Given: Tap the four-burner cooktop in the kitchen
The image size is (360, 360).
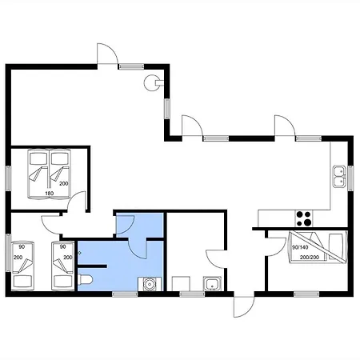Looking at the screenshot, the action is click(x=304, y=218).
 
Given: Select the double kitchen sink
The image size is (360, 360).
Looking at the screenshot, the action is click(x=339, y=177).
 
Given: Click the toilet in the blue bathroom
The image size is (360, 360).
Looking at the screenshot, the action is click(x=86, y=280).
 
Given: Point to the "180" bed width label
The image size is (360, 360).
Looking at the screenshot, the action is click(x=50, y=194).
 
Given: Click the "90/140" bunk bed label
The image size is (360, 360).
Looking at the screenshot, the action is click(x=300, y=247).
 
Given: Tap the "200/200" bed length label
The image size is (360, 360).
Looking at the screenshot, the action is click(x=310, y=258).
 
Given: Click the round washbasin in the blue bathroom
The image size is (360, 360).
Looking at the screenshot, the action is click(x=150, y=284).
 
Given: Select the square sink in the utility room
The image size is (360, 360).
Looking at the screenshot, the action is click(x=212, y=284).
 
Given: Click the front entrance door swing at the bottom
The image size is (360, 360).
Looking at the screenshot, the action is click(x=244, y=306).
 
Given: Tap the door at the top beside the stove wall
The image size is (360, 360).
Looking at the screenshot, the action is click(x=107, y=54).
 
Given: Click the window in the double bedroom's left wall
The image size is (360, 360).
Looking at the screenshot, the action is click(x=8, y=178).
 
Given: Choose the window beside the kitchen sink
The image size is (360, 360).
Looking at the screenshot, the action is click(x=350, y=178).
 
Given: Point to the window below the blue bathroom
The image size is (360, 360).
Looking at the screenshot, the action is click(x=125, y=294).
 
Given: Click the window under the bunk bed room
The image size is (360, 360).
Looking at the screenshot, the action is click(x=306, y=294).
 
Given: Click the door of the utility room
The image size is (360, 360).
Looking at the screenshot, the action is click(x=216, y=258).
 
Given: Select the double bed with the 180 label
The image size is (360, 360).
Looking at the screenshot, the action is click(x=50, y=174).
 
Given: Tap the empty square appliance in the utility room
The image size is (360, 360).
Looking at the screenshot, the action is click(x=181, y=284).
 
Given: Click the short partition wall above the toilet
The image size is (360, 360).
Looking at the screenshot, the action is click(x=92, y=266).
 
